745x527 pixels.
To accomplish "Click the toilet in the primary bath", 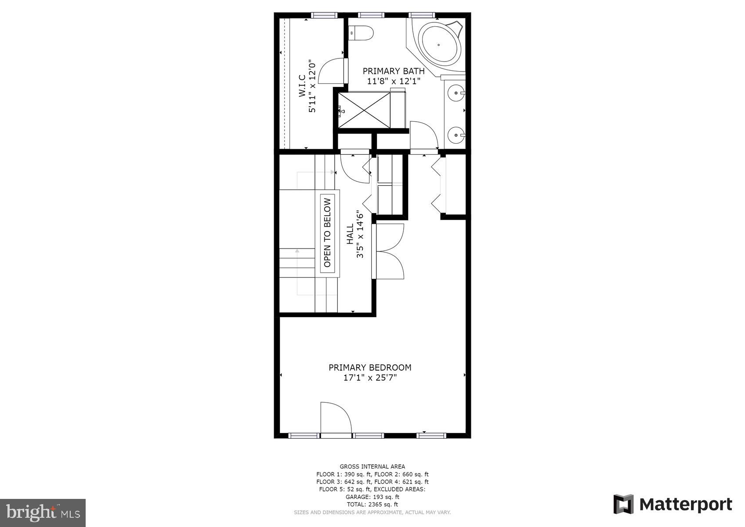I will pyautogui.click(x=362, y=33).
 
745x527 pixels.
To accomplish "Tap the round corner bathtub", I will pyautogui.click(x=440, y=44).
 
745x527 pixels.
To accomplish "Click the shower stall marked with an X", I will pyautogui.click(x=364, y=110).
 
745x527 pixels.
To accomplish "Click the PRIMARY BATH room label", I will pyautogui.click(x=394, y=71).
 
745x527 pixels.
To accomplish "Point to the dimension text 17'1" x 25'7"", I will pyautogui.click(x=370, y=378).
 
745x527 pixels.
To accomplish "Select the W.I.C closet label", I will pyautogui.click(x=302, y=86).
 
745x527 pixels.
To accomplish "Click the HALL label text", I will pyautogui.click(x=350, y=235).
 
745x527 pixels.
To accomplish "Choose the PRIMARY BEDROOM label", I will pyautogui.click(x=370, y=368).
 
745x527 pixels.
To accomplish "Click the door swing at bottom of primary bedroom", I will pyautogui.click(x=336, y=418).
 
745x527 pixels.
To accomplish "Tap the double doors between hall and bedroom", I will pyautogui.click(x=389, y=251).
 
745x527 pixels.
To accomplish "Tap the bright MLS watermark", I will pyautogui.click(x=43, y=513).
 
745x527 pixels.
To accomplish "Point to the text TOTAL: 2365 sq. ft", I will pyautogui.click(x=372, y=505).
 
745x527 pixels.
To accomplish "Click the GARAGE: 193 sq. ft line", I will pyautogui.click(x=372, y=497).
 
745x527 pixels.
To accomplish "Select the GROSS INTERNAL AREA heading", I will pyautogui.click(x=372, y=466).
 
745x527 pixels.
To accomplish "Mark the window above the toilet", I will pyautogui.click(x=371, y=15).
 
